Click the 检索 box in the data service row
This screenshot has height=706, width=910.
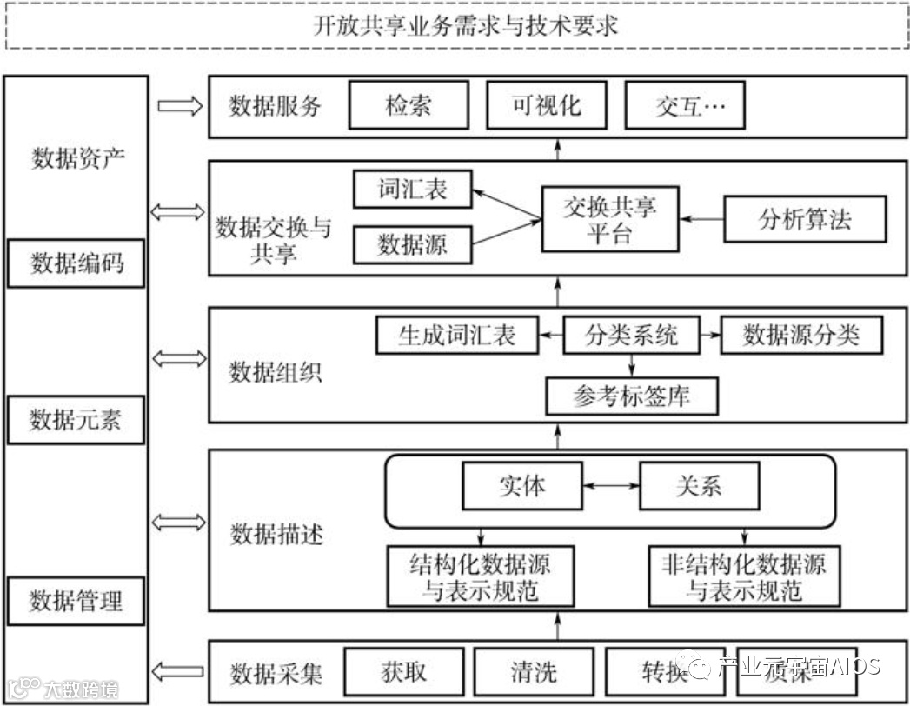(x=409, y=106)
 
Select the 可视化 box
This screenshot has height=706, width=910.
(x=547, y=106)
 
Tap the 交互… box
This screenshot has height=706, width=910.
(x=686, y=106)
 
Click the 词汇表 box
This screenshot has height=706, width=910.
(x=413, y=189)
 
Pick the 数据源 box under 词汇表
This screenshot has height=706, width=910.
(x=413, y=244)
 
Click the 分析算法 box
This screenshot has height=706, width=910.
(x=805, y=218)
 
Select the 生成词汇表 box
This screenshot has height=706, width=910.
(x=456, y=336)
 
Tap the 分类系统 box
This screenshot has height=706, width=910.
(x=631, y=336)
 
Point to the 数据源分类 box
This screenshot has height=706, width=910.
(x=801, y=336)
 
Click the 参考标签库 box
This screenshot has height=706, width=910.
(x=632, y=396)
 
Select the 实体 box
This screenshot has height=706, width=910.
(x=522, y=485)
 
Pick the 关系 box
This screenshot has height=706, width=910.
(x=699, y=485)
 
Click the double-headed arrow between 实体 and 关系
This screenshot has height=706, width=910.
(x=611, y=485)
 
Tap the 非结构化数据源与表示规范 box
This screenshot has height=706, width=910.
(x=744, y=576)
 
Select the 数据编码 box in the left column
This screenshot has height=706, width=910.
(x=76, y=263)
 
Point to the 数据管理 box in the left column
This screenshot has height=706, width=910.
(x=76, y=600)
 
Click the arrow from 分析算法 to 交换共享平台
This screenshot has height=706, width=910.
(x=701, y=218)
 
